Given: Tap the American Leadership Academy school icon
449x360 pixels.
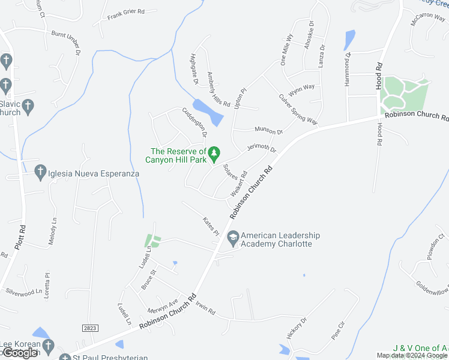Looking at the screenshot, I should pyautogui.click(x=232, y=239).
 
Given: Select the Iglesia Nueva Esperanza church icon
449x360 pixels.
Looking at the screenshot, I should pyautogui.click(x=41, y=173).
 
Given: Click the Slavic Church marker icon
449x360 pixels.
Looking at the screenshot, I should pyautogui.click(x=28, y=107).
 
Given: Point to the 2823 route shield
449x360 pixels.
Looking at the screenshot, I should pyautogui.click(x=91, y=328).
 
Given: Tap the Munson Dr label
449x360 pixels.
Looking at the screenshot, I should pyautogui.click(x=268, y=130).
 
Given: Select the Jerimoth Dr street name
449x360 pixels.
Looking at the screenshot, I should pyautogui.click(x=261, y=149).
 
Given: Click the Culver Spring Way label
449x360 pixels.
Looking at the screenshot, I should pyautogui.click(x=298, y=109).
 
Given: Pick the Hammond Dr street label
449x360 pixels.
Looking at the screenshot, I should pyautogui.click(x=347, y=70).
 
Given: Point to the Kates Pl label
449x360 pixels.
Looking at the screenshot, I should pyautogui.click(x=211, y=226).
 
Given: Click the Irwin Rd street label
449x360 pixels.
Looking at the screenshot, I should pyautogui.click(x=205, y=309).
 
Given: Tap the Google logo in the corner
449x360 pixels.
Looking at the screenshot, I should pyautogui.click(x=20, y=353).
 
